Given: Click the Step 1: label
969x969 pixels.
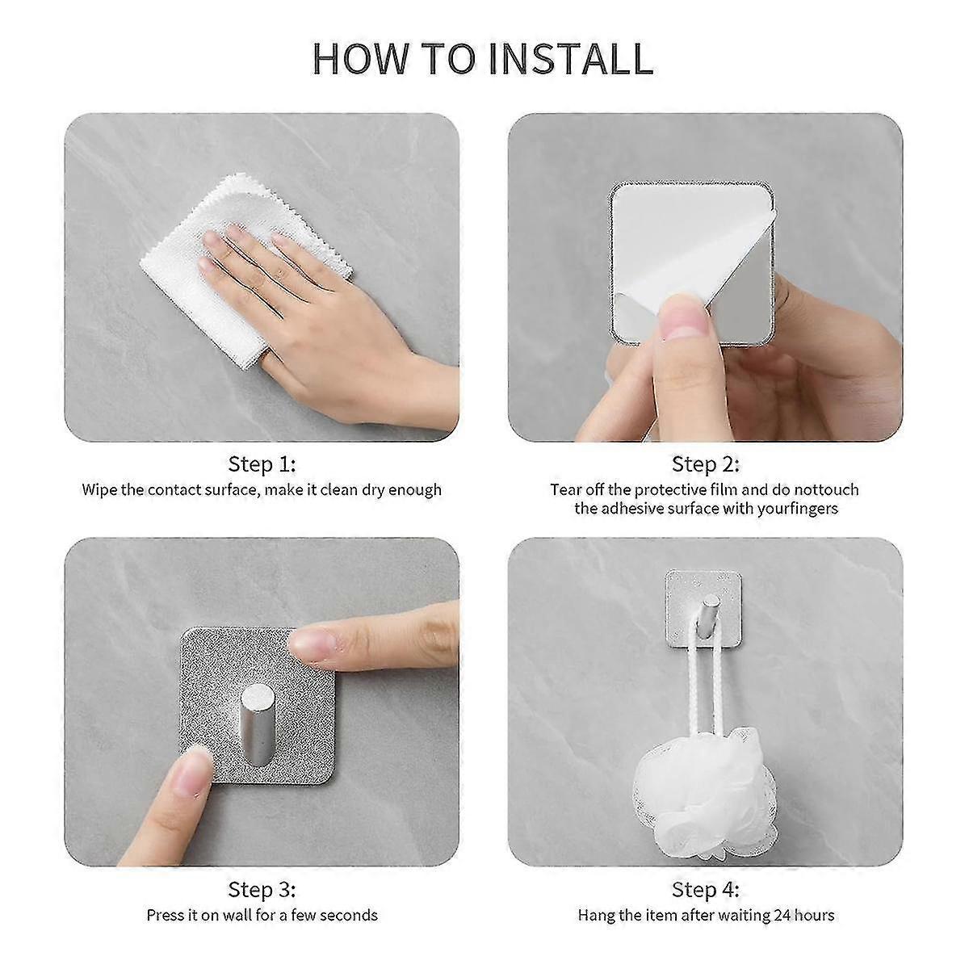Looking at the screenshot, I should tap(262, 464).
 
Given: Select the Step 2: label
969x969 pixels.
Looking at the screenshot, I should tap(705, 464).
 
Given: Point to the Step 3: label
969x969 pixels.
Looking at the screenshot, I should tap(262, 890).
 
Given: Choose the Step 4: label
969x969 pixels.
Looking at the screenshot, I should tap(705, 890).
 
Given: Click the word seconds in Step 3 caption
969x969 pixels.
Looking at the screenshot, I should tap(347, 915).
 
